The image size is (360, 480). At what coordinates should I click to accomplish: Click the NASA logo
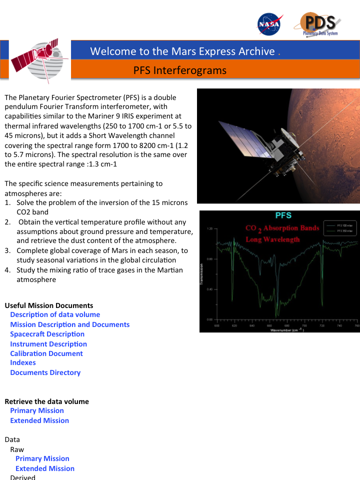tap(269, 24)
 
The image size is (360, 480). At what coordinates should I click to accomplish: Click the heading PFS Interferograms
tap(180, 70)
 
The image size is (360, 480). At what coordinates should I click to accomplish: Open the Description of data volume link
tap(55, 314)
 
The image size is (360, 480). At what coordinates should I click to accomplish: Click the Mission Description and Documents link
tap(69, 324)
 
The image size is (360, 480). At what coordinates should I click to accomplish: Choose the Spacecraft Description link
tap(47, 334)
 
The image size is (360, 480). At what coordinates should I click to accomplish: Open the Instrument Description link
tap(48, 344)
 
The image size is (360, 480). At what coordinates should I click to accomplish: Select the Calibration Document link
tap(46, 353)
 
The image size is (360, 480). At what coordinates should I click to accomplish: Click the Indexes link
tap(23, 362)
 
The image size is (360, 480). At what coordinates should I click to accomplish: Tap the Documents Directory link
tap(45, 372)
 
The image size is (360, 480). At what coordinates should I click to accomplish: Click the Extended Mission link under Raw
tap(45, 468)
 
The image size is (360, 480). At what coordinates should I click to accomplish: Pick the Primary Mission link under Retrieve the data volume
tap(37, 410)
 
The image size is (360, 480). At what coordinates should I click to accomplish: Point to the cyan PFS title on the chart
tap(283, 216)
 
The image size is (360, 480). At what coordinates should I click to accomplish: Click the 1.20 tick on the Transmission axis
tap(210, 228)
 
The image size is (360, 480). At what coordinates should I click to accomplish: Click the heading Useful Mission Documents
tap(49, 305)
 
